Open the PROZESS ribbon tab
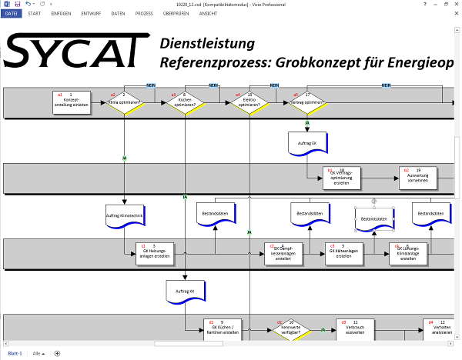pyautogui.click(x=145, y=14)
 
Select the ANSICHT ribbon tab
pyautogui.click(x=208, y=14)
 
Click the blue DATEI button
pyautogui.click(x=12, y=14)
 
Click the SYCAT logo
pyautogui.click(x=73, y=51)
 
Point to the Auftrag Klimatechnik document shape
pyautogui.click(x=125, y=216)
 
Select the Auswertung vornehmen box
pyautogui.click(x=417, y=177)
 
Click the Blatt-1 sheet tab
pyautogui.click(x=15, y=353)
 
